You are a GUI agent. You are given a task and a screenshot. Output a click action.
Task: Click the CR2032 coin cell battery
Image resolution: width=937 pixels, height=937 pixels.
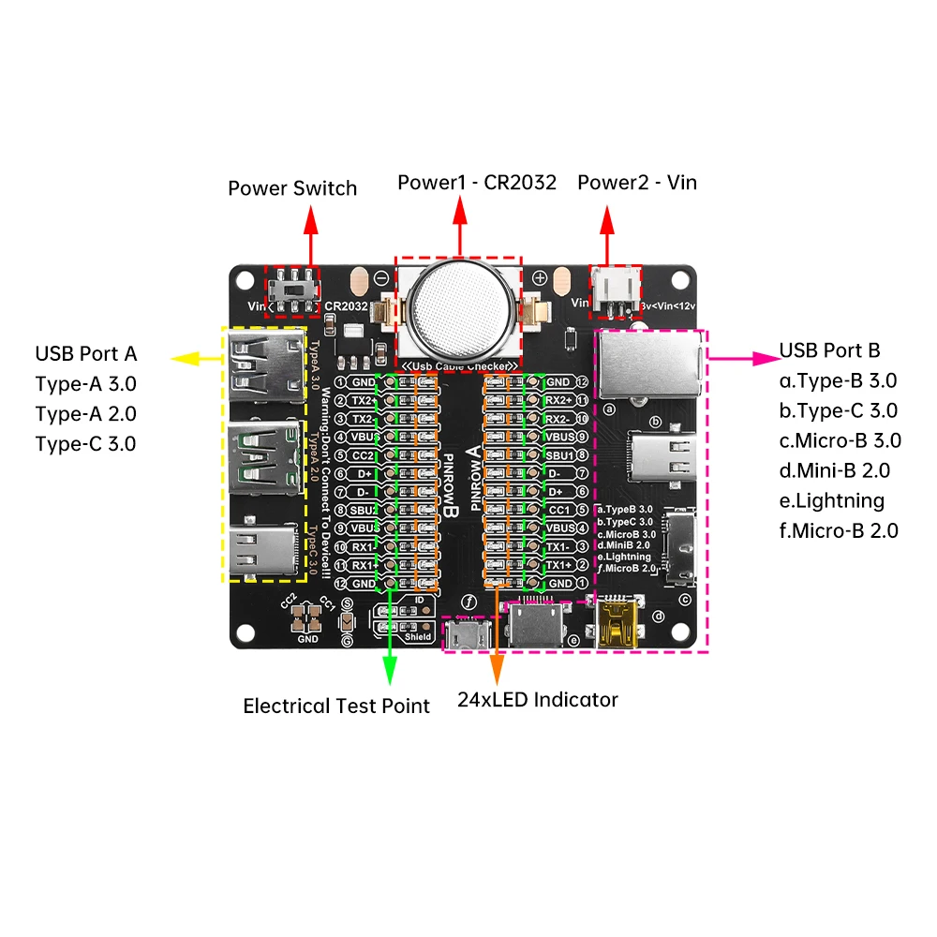click(460, 305)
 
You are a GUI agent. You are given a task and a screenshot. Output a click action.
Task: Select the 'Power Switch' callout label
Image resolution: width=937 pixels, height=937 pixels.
click(292, 188)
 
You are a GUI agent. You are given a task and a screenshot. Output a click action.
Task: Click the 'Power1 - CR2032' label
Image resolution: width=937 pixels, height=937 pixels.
click(476, 182)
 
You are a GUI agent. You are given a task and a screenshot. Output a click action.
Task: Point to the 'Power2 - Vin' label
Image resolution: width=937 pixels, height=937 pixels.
click(636, 182)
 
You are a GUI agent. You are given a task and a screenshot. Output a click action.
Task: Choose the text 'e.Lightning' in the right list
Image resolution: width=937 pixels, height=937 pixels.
click(832, 500)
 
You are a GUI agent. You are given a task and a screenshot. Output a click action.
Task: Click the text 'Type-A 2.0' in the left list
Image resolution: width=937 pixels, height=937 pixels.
click(85, 413)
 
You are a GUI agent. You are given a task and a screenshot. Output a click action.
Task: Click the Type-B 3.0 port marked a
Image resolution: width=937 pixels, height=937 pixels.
click(648, 364)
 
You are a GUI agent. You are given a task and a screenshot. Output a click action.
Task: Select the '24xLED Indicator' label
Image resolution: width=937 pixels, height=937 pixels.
click(538, 699)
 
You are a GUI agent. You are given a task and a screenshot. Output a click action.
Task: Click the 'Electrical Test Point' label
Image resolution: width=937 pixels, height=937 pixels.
click(336, 706)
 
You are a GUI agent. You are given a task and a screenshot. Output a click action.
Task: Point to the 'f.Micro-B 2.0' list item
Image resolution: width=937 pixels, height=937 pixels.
click(839, 530)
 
